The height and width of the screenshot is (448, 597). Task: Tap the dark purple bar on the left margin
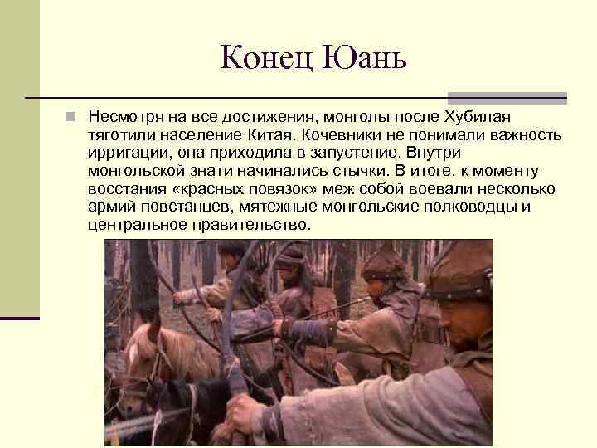point(20,318)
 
